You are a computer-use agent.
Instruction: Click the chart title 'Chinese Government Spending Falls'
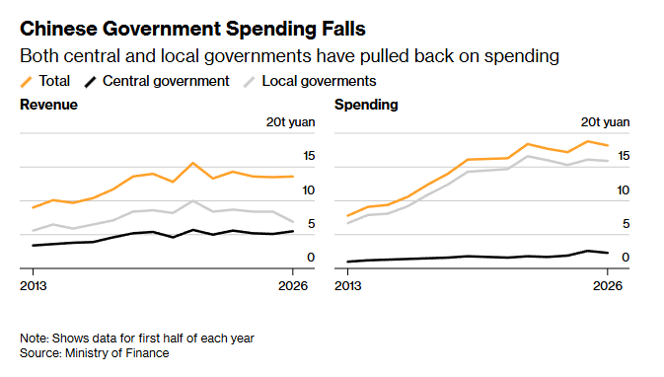point(192,30)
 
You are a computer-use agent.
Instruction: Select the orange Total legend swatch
point(27,82)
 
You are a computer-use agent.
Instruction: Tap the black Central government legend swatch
point(90,82)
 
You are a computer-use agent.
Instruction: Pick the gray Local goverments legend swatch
point(249,82)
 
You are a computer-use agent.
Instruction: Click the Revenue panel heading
point(48,105)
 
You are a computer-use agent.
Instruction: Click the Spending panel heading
point(366,105)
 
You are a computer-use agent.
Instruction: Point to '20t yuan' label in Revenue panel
point(290,122)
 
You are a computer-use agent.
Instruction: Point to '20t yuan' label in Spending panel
point(605,122)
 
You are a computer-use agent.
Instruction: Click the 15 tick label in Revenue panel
point(309,156)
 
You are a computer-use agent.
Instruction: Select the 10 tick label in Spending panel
point(624,190)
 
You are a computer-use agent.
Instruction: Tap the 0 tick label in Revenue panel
point(311,258)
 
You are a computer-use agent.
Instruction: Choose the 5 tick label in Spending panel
point(626,224)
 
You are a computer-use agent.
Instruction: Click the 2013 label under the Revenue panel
point(34,286)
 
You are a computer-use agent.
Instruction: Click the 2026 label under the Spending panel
point(608,286)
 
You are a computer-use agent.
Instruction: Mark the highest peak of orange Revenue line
point(192,163)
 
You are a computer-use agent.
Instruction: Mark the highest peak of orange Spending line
point(588,141)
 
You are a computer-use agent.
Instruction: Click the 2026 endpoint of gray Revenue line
point(293,221)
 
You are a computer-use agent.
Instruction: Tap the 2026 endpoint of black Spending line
point(608,253)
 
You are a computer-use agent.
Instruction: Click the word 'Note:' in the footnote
point(35,339)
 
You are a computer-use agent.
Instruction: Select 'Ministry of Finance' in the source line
point(116,353)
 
